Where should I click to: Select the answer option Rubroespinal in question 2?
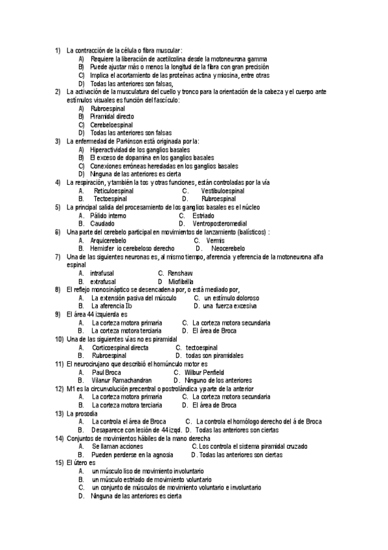pyautogui.click(x=108, y=108)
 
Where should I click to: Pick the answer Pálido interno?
pyautogui.click(x=109, y=215)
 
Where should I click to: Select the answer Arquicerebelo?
pyautogui.click(x=109, y=240)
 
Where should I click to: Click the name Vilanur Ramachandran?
pyautogui.click(x=122, y=380)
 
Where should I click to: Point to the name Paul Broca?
pyautogui.click(x=106, y=372)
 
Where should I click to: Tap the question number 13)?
pyautogui.click(x=59, y=413)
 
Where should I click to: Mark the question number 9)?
pyautogui.click(x=58, y=314)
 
